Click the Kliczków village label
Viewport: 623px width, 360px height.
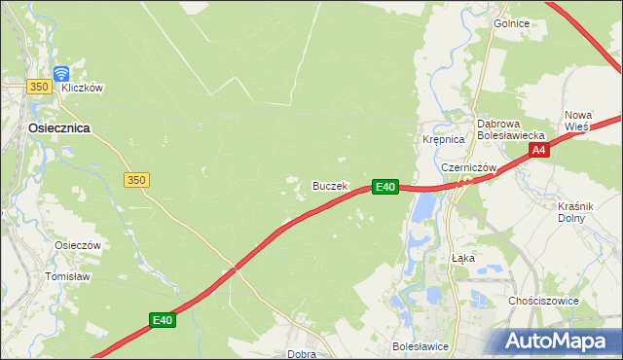coord(82,88)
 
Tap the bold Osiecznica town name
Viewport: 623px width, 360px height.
coord(46,127)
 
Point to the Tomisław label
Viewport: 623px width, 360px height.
coord(67,276)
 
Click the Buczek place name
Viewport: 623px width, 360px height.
coord(329,185)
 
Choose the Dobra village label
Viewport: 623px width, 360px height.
coord(301,354)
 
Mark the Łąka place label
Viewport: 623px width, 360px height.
coord(463,259)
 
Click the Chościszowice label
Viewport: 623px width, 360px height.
coord(543,301)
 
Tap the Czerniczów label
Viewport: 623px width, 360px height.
coord(469,167)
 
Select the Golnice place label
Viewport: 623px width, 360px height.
coord(511,23)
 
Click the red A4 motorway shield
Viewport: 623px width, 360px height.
coord(540,150)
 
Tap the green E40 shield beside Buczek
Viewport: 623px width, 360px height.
coord(385,186)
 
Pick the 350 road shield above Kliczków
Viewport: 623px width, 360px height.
coord(39,87)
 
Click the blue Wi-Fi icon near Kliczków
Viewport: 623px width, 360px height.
coord(61,73)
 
